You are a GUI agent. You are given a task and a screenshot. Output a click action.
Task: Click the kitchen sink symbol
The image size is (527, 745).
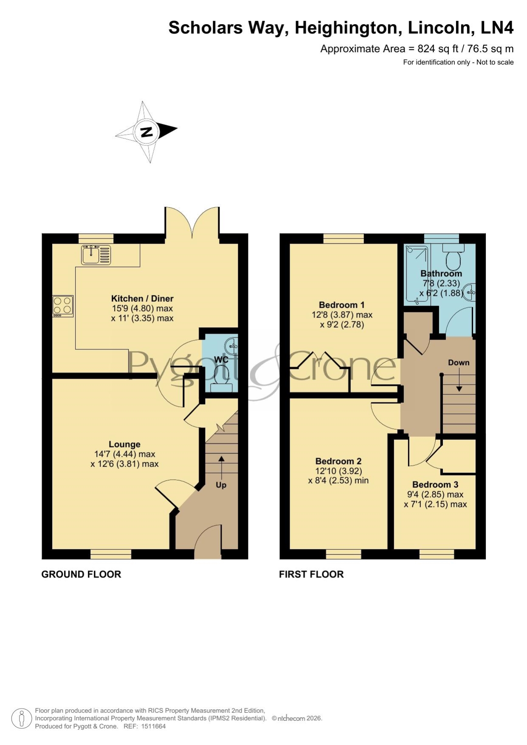click(96, 255)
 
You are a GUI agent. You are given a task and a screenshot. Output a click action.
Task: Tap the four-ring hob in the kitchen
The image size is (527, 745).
click(63, 306)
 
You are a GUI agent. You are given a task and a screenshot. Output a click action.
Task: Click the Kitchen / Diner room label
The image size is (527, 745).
click(142, 298)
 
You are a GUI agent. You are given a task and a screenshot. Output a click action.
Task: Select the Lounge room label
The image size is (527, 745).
click(124, 444)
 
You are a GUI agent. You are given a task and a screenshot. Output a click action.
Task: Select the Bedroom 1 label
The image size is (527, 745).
click(341, 305)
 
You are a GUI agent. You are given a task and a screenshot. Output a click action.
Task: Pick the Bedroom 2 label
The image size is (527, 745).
click(338, 461)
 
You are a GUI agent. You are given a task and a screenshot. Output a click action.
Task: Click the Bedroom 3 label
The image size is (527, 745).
click(435, 484)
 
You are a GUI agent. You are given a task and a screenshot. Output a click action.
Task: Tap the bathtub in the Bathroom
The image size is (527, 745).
click(417, 274)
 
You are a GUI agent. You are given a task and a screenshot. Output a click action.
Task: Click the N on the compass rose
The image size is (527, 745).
click(147, 132)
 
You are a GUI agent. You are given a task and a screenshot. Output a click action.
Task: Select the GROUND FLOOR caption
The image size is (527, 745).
click(81, 574)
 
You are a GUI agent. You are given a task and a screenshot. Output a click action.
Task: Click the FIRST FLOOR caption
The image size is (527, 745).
click(311, 574)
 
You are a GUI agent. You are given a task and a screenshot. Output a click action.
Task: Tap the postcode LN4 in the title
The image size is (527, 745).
click(497, 28)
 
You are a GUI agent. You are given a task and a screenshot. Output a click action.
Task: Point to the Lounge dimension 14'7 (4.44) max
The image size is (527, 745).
click(124, 454)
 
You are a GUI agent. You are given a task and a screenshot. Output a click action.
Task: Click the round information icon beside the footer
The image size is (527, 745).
click(21, 719)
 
